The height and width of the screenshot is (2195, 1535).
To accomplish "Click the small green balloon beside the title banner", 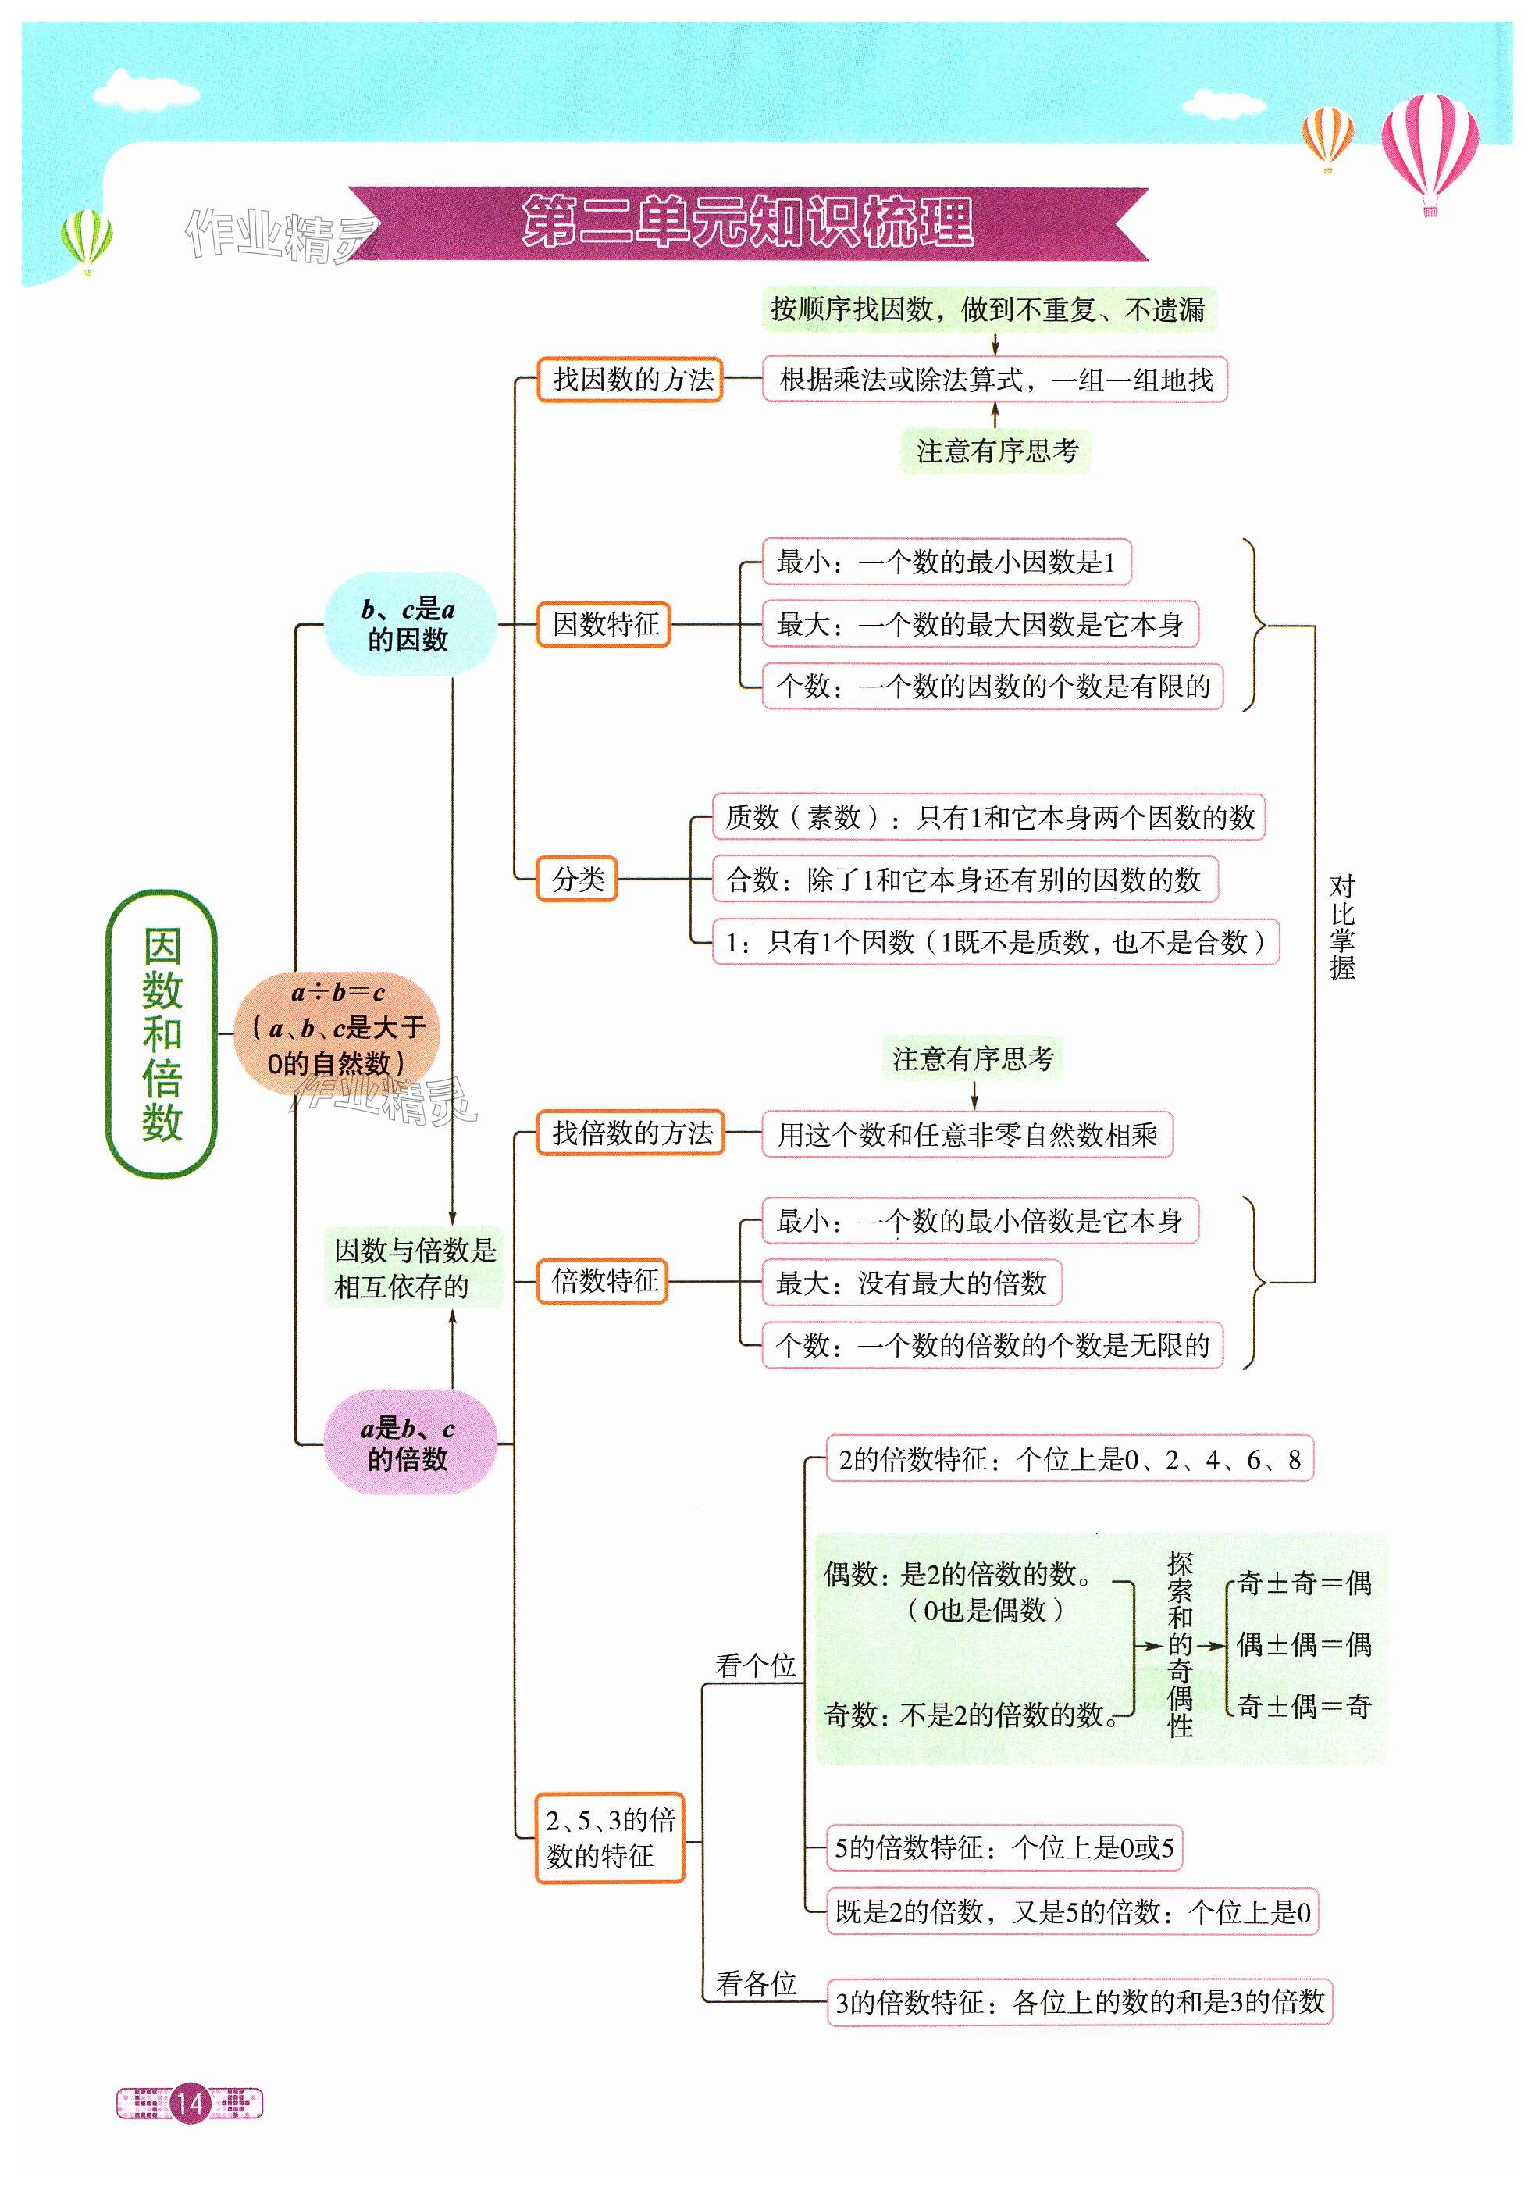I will point(86,239).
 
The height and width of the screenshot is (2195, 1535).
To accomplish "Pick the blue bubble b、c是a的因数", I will point(409,624).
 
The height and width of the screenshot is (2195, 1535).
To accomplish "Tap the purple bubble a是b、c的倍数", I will point(409,1443).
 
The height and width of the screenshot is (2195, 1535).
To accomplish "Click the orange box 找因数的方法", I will point(630,380).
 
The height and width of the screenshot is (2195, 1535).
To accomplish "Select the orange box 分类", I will point(577,879).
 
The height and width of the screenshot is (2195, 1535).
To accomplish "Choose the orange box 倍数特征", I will point(603,1281).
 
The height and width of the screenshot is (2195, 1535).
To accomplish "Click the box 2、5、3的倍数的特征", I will point(610,1838).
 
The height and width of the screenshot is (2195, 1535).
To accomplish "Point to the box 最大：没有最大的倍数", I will point(911,1283).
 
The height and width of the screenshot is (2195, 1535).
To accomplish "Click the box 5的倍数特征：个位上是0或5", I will point(1003,1847).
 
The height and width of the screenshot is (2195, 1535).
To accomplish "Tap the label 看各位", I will point(756,1983).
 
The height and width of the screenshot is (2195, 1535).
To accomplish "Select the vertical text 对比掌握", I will point(1342,926).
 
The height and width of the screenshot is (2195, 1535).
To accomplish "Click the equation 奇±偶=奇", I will point(1304,1704).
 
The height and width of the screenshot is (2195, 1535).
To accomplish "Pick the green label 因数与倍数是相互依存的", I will point(414,1268).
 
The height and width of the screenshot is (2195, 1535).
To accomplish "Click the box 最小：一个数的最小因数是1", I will point(946,562).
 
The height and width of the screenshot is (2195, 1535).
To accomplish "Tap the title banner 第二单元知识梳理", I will point(747,223).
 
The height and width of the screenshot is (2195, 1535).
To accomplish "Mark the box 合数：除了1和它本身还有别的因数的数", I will point(964,880).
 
